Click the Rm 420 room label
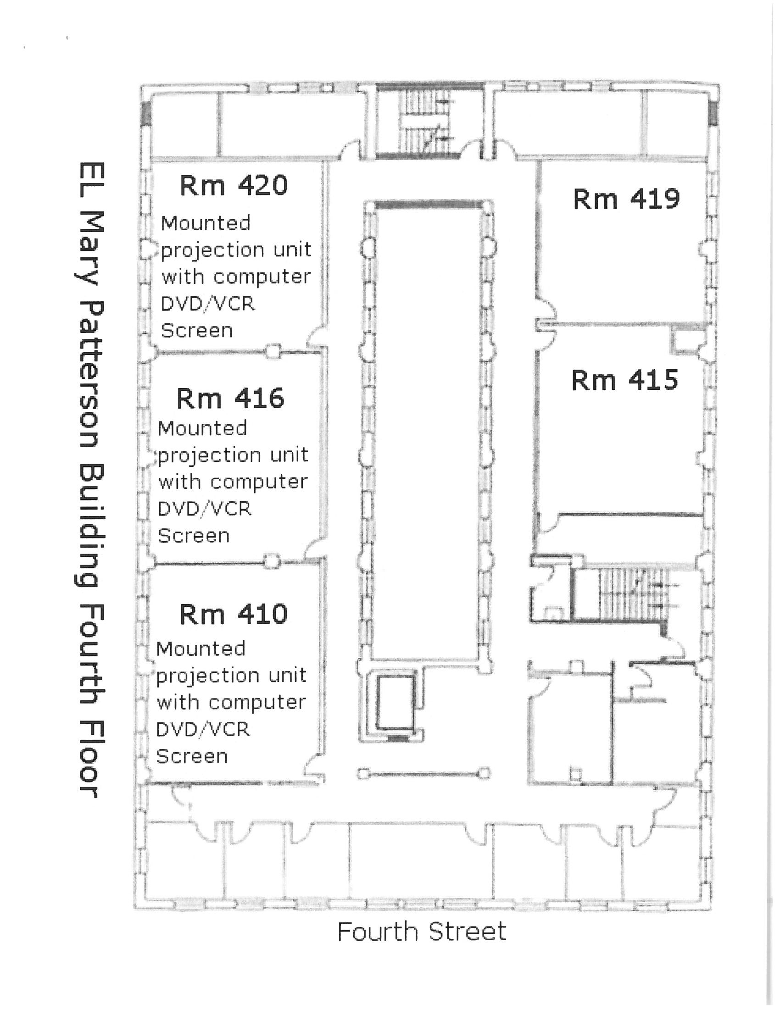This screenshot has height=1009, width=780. coord(234,186)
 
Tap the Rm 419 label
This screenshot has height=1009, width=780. coord(626,199)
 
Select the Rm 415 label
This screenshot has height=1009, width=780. coord(624,380)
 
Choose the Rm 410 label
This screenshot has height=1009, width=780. coord(234,614)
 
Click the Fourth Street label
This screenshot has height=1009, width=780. coord(422,931)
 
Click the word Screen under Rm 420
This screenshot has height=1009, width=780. coord(197,331)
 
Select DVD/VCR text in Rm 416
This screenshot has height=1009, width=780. coord(205,509)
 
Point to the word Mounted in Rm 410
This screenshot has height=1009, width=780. coord(201,649)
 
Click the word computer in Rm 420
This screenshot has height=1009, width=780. coord(262,277)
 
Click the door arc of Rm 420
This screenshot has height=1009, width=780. coord(317,338)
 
